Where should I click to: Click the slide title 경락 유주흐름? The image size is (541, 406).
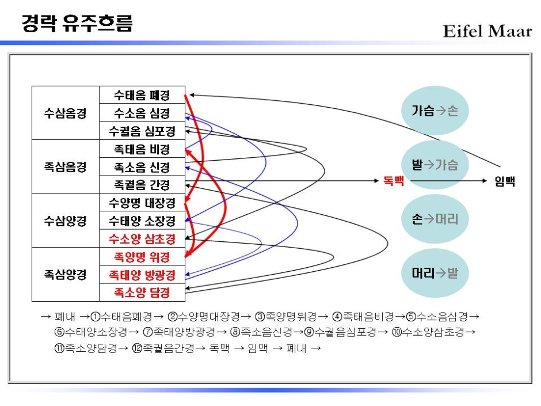pos(77,24)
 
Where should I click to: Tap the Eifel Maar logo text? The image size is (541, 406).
pos(487,31)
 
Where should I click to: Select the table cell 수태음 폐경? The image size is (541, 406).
pos(142,95)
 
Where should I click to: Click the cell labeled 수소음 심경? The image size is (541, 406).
pos(142,113)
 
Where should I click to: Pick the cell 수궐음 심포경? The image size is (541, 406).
pos(142,131)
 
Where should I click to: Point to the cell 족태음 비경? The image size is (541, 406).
pos(142,149)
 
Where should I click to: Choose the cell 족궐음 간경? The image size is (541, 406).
pos(142,185)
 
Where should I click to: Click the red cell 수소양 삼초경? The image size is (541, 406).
pos(142,239)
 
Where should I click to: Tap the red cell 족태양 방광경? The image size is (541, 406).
pos(142,275)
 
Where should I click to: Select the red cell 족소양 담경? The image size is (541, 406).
pos(142,293)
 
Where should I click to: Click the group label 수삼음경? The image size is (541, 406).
pos(65,113)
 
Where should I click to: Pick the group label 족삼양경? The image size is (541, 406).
pos(65,275)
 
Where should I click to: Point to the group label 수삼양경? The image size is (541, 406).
pos(65,221)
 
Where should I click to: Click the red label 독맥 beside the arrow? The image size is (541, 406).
pos(394,181)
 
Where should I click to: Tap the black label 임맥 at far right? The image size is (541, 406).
pos(505,181)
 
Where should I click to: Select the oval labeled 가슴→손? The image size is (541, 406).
pos(435,111)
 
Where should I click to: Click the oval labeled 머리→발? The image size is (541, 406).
pos(435,273)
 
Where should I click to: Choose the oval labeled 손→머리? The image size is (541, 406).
pos(435,219)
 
